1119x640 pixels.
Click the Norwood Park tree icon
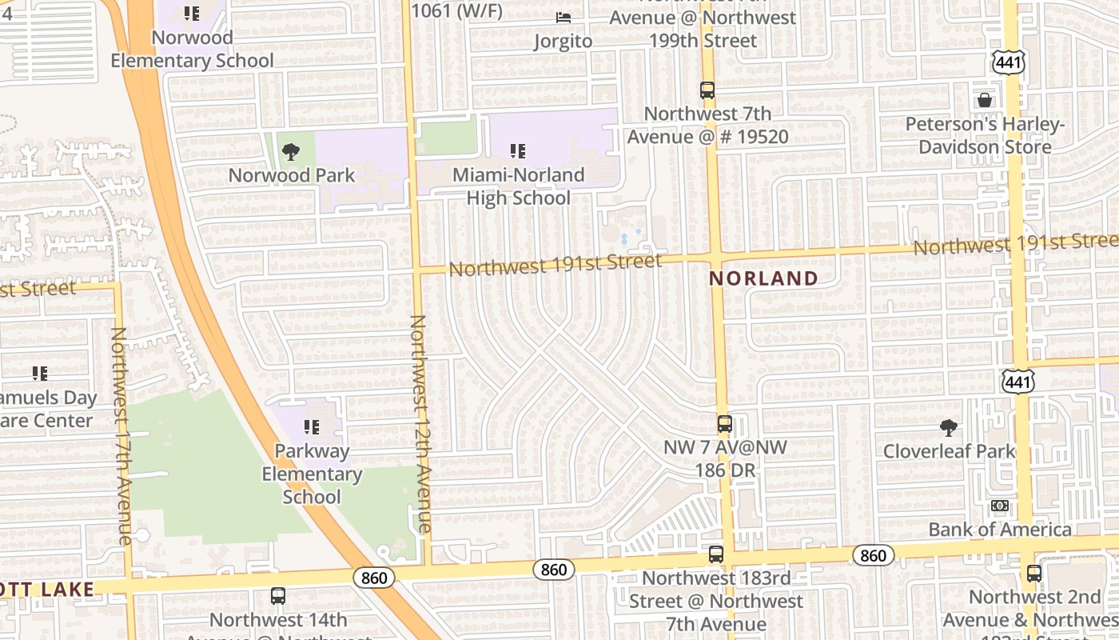pos(291,151)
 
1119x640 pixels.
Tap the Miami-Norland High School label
pos(518,186)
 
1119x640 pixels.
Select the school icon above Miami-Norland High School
pos(518,150)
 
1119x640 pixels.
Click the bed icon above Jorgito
pos(563,17)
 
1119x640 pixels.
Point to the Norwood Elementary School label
pos(192,49)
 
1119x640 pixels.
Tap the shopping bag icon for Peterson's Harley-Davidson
pos(985,100)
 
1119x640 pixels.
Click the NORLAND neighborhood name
pos(763,278)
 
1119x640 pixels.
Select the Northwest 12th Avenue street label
pos(420,424)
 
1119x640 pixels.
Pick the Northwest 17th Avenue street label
pos(121,436)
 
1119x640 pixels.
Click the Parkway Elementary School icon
pos(312,427)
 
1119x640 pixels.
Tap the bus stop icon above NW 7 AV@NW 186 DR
pos(724,424)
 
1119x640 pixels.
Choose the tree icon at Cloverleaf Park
pos(949,427)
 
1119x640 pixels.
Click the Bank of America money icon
pos(1000,506)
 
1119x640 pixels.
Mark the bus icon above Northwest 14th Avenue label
pos(278,596)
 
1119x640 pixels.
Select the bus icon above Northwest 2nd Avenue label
pos(1034,574)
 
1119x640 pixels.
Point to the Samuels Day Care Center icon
pos(40,373)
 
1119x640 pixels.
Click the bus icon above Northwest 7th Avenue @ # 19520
pos(707,90)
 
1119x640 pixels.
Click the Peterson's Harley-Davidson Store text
pos(985,136)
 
